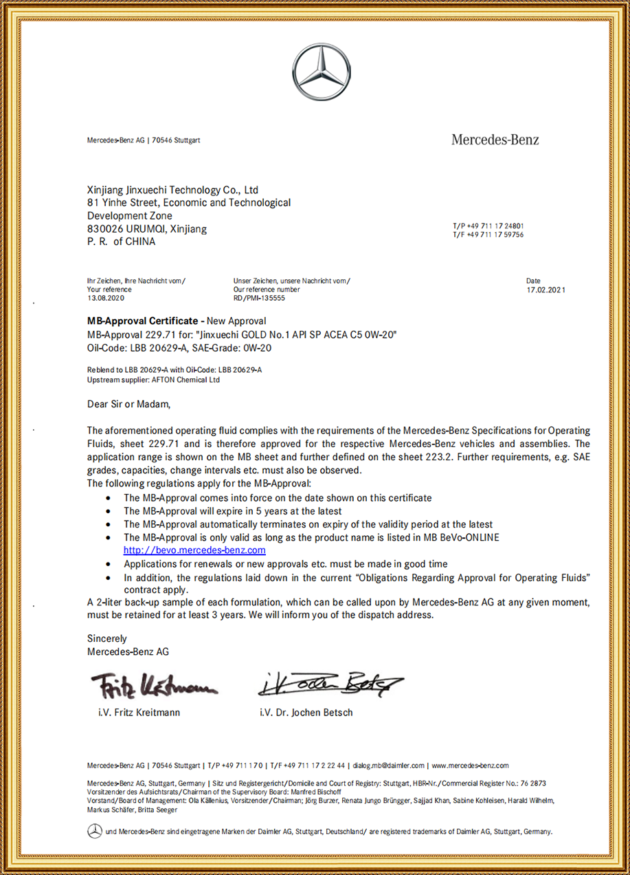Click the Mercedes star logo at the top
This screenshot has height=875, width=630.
point(322,72)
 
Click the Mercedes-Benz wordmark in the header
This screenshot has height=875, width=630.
point(495,140)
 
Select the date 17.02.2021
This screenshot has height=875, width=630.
point(545,290)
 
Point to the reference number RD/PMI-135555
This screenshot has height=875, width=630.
point(259,299)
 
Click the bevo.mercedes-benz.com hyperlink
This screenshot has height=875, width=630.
point(194,550)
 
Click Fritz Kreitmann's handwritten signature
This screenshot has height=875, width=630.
point(153,684)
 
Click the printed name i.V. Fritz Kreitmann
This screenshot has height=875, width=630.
point(139,713)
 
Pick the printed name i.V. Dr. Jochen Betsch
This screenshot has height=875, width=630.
point(306,713)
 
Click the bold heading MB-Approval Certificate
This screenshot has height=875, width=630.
point(142,321)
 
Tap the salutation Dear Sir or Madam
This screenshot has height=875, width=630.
point(128,403)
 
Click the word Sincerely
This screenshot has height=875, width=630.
point(107,638)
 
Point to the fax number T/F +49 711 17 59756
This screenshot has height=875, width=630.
point(488,235)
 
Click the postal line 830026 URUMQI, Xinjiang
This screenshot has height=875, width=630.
point(147,228)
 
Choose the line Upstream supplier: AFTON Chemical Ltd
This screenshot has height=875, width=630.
point(153,380)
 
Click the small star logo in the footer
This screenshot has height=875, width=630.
point(95,832)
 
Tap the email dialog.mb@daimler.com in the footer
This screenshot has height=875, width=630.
point(388,765)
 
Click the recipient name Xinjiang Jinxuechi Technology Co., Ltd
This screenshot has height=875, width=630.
point(172,190)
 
